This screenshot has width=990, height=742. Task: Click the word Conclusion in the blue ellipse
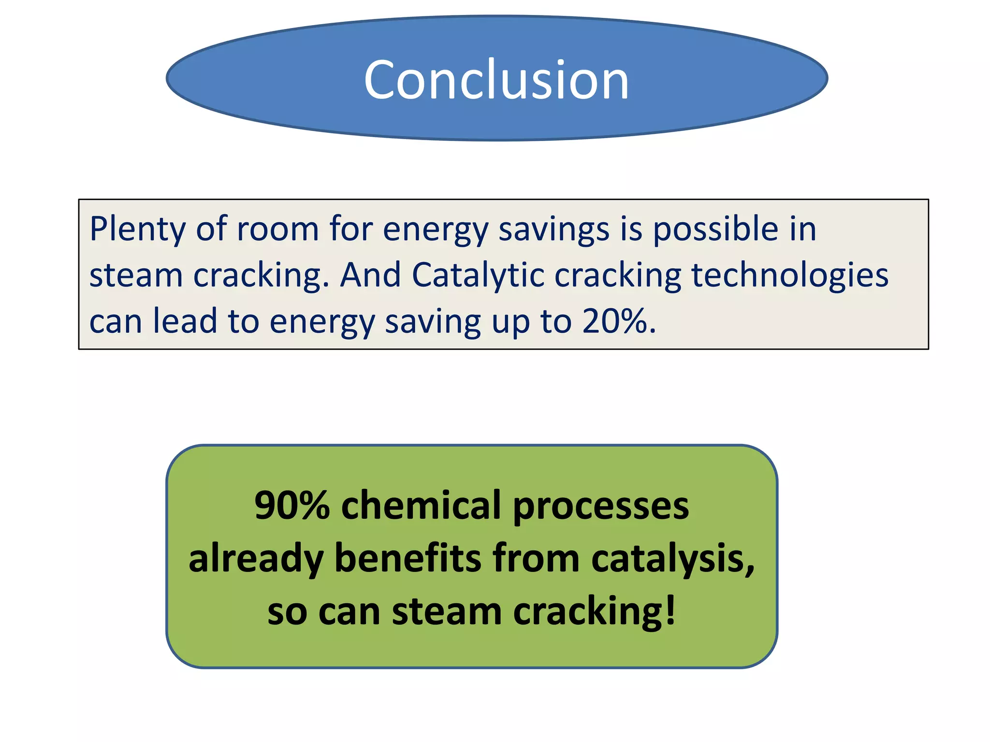point(496,80)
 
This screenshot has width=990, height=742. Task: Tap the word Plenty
point(137,230)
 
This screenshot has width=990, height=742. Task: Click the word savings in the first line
point(554,230)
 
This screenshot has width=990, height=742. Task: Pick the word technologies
point(790,276)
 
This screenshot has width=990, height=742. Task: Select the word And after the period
point(370,275)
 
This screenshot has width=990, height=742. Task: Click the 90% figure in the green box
point(291,505)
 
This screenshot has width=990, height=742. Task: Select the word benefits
point(408,558)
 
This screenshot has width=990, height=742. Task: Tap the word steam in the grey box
point(136,275)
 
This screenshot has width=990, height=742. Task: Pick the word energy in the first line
point(436,230)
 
